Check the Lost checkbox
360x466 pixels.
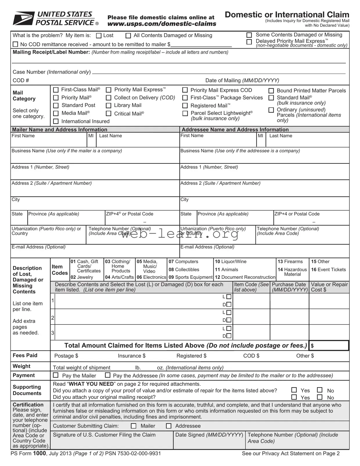pyautogui.click(x=99, y=36)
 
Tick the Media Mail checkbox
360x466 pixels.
pyautogui.click(x=56, y=113)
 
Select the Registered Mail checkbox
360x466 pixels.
pyautogui.click(x=185, y=106)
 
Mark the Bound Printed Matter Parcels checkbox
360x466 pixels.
pyautogui.click(x=271, y=91)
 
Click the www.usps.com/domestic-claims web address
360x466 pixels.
pyautogui.click(x=162, y=24)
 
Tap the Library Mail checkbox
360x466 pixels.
pyautogui.click(x=109, y=106)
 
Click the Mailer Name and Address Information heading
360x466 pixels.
pyautogui.click(x=60, y=130)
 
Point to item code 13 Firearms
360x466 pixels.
pyautogui.click(x=290, y=262)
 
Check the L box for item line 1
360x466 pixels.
pyautogui.click(x=229, y=297)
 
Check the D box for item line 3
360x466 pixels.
pyautogui.click(x=229, y=336)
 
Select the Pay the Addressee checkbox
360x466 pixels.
pyautogui.click(x=108, y=375)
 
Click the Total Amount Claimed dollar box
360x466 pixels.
pyautogui.click(x=329, y=346)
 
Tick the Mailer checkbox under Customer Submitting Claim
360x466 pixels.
pyautogui.click(x=134, y=426)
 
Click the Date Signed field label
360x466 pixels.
pyautogui.click(x=209, y=435)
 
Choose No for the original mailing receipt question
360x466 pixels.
pyautogui.click(x=320, y=397)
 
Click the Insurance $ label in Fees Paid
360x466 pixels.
pyautogui.click(x=132, y=356)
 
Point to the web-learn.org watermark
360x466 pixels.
pyautogui.click(x=180, y=233)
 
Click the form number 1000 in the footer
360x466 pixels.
pyautogui.click(x=39, y=453)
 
